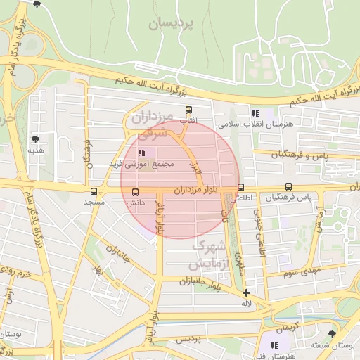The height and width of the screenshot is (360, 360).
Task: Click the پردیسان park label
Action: [170, 24]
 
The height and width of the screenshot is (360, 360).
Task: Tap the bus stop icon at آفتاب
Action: [188, 110]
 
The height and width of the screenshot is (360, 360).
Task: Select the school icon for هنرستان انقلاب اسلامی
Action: [255, 112]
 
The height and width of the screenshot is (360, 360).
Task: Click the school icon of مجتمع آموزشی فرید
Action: [141, 152]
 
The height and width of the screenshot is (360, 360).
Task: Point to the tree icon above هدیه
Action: [35, 140]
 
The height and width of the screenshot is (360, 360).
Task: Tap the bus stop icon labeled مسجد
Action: [94, 191]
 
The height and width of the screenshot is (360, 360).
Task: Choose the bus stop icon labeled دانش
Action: [135, 191]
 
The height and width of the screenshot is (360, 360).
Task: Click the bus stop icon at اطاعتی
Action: [241, 188]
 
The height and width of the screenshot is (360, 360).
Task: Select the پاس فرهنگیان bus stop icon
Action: [288, 187]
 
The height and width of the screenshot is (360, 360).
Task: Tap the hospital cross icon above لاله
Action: [246, 292]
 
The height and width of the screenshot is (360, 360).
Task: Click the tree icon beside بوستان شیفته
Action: [332, 333]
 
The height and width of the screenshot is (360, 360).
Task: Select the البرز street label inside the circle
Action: [196, 168]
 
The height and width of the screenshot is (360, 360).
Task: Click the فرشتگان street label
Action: [89, 152]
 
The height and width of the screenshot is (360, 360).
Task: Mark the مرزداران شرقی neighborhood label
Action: [151, 122]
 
